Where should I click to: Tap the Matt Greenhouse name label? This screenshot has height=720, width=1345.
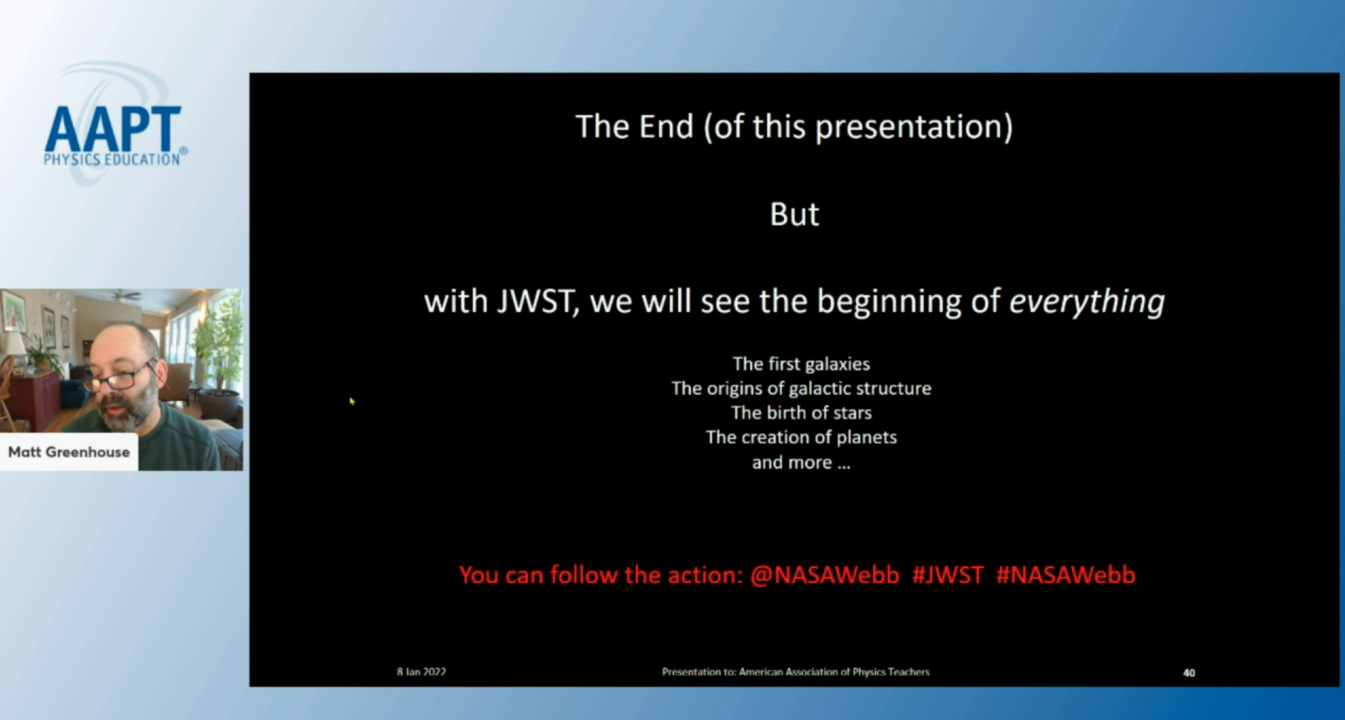pyautogui.click(x=69, y=452)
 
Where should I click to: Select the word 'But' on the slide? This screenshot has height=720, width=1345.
pyautogui.click(x=795, y=215)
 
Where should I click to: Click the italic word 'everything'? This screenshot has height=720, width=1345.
pyautogui.click(x=1087, y=301)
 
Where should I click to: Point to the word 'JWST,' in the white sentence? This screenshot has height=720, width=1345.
pyautogui.click(x=538, y=301)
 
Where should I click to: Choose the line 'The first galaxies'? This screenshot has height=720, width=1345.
pyautogui.click(x=801, y=364)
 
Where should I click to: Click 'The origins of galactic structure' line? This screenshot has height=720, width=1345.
pyautogui.click(x=801, y=388)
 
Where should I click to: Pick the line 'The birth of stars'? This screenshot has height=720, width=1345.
pyautogui.click(x=801, y=413)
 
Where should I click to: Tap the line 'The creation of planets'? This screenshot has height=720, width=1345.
pyautogui.click(x=801, y=438)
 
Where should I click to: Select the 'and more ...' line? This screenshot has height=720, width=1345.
pyautogui.click(x=801, y=463)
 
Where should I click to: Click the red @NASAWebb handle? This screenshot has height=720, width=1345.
pyautogui.click(x=825, y=575)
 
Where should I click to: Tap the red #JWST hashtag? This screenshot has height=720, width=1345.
pyautogui.click(x=947, y=575)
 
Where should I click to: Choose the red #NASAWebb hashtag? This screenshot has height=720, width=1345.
pyautogui.click(x=1066, y=575)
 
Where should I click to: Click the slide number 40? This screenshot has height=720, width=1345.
pyautogui.click(x=1189, y=673)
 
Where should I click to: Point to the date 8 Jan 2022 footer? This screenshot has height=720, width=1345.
pyautogui.click(x=421, y=672)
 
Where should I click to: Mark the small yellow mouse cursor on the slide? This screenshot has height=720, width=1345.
pyautogui.click(x=351, y=401)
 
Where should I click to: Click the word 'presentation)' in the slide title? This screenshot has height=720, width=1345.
pyautogui.click(x=914, y=128)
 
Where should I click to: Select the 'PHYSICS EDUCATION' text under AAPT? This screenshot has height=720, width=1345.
pyautogui.click(x=112, y=160)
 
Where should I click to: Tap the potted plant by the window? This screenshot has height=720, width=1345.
pyautogui.click(x=218, y=367)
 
